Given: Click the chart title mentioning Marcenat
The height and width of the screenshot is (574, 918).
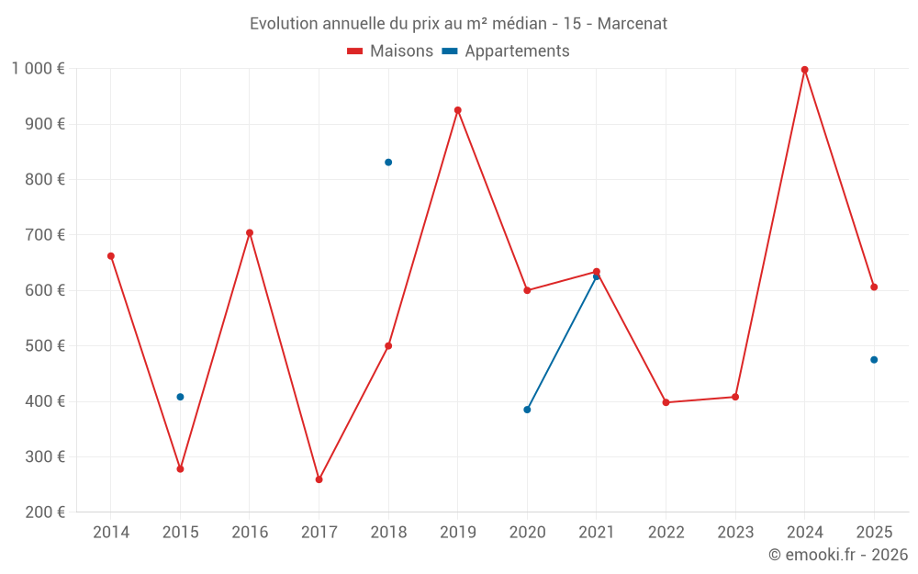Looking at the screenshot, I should [x=458, y=23].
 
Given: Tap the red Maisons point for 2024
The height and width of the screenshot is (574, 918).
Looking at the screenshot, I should [x=804, y=70].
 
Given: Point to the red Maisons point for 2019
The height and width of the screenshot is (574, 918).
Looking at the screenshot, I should [x=458, y=110].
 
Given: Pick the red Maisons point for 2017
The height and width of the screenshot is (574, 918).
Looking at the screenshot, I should [x=319, y=479].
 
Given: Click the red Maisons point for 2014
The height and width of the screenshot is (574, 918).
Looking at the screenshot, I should [x=111, y=256].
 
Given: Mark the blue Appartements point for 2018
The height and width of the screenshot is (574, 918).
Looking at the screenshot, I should [x=388, y=163].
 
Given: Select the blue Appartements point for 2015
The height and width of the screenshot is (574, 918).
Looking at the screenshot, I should [x=180, y=397].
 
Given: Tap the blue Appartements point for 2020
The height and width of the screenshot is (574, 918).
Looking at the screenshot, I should [x=527, y=410].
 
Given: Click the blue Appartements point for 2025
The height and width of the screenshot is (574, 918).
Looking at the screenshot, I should [x=874, y=360].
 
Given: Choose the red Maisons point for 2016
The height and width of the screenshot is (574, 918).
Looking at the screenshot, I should [x=250, y=233].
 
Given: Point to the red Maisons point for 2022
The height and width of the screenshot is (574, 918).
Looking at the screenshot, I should [x=666, y=402].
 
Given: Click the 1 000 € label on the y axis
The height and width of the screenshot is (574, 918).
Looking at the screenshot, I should [x=38, y=68].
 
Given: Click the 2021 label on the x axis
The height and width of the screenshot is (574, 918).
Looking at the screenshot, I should [x=597, y=533].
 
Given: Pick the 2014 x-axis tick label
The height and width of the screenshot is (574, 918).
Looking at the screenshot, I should [x=111, y=533].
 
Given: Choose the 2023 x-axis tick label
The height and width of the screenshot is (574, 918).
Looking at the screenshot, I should [x=735, y=533].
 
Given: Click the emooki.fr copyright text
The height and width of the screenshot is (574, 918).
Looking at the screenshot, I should [x=837, y=555].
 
